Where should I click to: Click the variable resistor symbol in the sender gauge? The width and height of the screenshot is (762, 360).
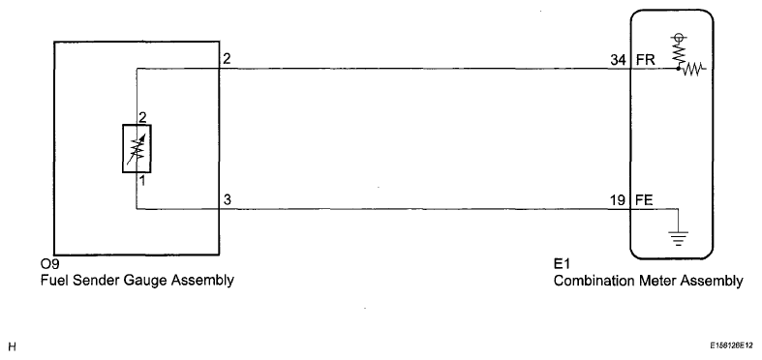(137, 149)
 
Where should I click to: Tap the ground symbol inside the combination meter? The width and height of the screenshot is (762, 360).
(678, 238)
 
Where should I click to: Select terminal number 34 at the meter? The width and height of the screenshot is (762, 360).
(618, 60)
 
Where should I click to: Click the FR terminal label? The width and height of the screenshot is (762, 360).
(646, 60)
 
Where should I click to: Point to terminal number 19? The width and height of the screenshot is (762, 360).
(618, 200)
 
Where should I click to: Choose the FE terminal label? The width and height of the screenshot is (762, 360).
(645, 200)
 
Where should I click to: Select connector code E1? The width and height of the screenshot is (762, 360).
(562, 265)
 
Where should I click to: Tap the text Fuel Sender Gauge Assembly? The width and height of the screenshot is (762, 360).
(137, 281)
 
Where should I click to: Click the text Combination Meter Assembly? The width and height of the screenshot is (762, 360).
(649, 281)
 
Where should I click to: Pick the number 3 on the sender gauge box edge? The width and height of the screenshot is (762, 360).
(228, 200)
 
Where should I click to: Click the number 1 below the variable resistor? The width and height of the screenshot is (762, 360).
(143, 182)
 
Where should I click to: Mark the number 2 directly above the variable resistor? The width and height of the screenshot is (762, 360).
(142, 117)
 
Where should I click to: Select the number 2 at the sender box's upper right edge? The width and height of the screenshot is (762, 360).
(228, 59)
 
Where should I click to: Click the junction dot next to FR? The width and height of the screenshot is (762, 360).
(679, 69)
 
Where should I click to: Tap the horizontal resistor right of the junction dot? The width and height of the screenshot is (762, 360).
(693, 70)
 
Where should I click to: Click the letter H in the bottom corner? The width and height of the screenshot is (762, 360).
(13, 346)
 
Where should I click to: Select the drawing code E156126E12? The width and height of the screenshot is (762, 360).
(731, 345)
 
